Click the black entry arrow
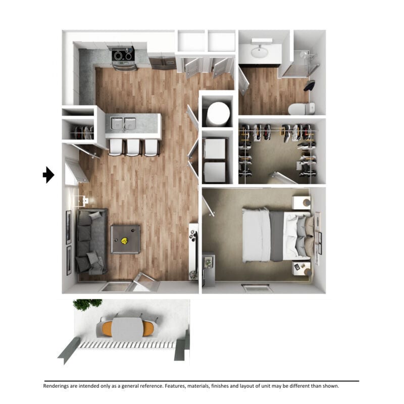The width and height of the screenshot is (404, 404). (x=48, y=175)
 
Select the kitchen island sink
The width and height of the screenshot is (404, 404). (x=123, y=123)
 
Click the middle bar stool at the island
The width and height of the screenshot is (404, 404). (x=133, y=147)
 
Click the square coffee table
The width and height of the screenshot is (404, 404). (x=125, y=239)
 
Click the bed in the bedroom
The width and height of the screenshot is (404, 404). (x=278, y=235)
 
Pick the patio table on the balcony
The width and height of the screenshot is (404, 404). (x=127, y=327)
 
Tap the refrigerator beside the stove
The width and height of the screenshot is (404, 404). (x=162, y=62)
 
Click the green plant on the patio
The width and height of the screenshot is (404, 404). (x=87, y=304)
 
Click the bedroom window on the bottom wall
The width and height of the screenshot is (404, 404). (x=257, y=288)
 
